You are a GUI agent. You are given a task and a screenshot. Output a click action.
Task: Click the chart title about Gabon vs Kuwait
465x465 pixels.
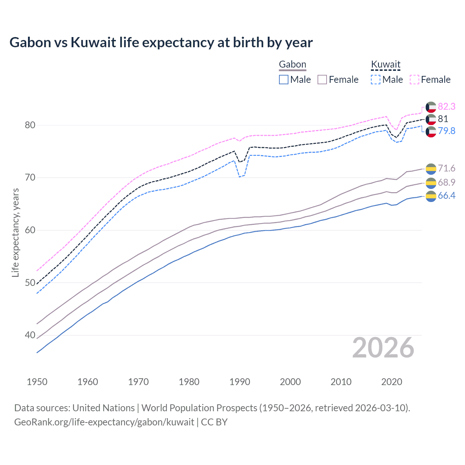tap(161, 43)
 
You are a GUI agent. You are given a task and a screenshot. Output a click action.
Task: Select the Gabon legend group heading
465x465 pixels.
tap(292, 64)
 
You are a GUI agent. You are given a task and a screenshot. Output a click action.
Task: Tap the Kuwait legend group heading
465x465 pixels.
tap(385, 64)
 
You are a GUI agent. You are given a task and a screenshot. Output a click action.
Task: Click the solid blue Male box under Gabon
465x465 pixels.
tap(284, 80)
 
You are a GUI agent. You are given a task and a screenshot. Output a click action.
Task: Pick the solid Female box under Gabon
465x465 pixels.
tap(322, 80)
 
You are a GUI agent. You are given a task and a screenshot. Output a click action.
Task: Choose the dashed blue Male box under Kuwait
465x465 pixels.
tap(376, 80)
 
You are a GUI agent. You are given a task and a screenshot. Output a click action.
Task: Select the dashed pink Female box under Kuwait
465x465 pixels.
tap(415, 80)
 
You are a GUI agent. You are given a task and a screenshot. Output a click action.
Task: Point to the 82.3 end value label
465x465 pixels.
tap(446, 106)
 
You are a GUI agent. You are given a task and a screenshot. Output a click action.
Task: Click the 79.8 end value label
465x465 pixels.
tap(446, 131)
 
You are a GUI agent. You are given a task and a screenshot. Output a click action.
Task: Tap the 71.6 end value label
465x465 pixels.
tap(446, 168)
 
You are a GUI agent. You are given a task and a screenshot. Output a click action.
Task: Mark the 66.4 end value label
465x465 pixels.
tap(446, 195)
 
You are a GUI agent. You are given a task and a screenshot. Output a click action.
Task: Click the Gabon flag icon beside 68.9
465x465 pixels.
tap(431, 183)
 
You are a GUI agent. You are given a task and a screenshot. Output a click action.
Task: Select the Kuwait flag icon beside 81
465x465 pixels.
tap(431, 119)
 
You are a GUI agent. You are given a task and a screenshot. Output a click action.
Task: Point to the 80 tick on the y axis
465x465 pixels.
tap(30, 125)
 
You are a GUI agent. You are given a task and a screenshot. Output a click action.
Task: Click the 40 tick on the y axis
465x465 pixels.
tap(30, 335)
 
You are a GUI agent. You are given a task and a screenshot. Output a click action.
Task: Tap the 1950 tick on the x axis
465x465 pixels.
tap(37, 382)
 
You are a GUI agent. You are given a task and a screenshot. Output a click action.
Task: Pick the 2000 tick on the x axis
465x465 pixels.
tap(290, 382)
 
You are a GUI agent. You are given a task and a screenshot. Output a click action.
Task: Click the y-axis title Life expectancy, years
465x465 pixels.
tap(15, 232)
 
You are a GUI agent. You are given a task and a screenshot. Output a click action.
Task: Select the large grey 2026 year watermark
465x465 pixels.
tap(383, 348)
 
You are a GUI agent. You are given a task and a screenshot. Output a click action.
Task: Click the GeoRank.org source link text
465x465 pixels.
tap(104, 422)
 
